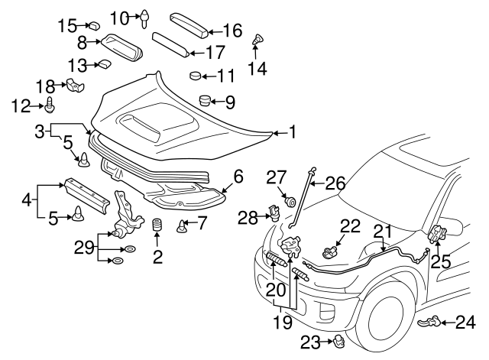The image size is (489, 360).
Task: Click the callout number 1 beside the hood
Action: click(x=291, y=132)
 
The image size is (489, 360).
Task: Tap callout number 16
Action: click(x=232, y=31)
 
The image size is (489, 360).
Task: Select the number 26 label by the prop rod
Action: click(x=335, y=183)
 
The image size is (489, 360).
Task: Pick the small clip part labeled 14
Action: click(x=258, y=38)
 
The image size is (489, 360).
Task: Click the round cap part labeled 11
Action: click(x=195, y=76)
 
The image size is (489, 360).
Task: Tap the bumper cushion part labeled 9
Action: click(x=204, y=100)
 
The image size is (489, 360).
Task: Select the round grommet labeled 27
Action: click(x=290, y=202)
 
